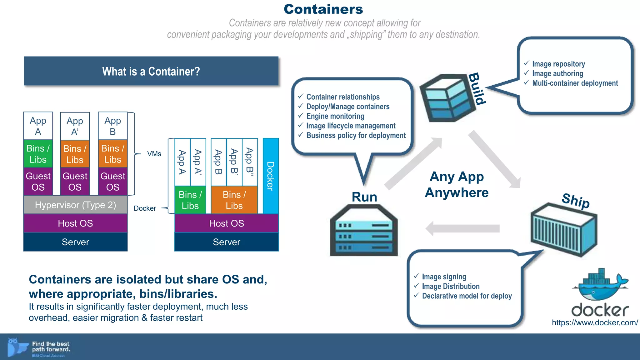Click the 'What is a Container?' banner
151,71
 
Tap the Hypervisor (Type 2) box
75,205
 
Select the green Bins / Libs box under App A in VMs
38,154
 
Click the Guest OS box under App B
112,182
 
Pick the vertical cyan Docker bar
270,176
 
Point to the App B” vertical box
250,162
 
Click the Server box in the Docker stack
226,242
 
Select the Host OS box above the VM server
75,223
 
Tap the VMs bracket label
154,154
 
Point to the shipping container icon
564,230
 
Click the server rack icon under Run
364,231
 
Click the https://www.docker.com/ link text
595,323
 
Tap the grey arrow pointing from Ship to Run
462,228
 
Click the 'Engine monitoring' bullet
335,116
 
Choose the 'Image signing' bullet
444,277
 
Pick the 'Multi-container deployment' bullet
575,83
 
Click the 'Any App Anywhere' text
457,185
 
